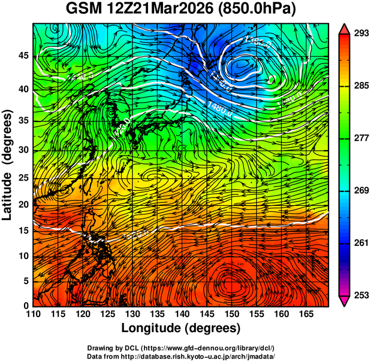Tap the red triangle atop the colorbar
click(345, 28)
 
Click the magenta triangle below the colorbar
click(345, 300)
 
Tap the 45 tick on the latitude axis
click(23, 56)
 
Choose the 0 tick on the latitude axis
click(26, 306)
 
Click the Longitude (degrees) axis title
click(181, 328)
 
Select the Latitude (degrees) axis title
click(8, 165)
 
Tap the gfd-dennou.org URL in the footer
click(212, 348)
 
